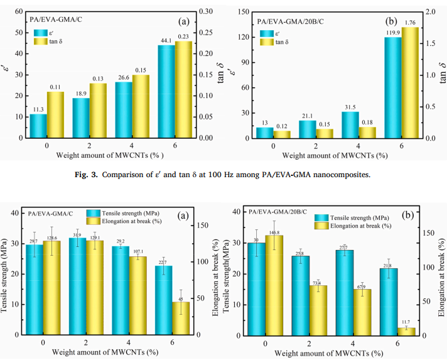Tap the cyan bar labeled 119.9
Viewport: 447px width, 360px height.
(392, 88)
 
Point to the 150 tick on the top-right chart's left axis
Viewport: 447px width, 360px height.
(242, 11)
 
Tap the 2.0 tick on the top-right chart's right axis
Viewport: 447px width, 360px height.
(431, 11)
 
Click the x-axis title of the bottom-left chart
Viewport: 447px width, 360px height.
(104, 353)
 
